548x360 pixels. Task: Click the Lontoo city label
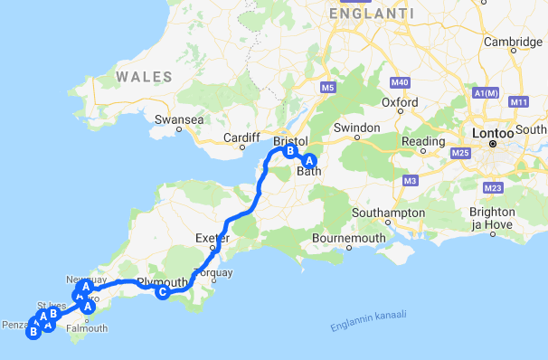point(492,133)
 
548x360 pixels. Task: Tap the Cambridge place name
point(513,42)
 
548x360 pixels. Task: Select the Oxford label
point(399,103)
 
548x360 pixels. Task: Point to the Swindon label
point(355,128)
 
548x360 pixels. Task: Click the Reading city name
point(423,142)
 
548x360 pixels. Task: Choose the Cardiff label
point(241,138)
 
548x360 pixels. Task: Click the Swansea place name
point(175,119)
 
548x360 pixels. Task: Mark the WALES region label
point(144,77)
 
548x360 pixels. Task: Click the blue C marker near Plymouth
point(162,292)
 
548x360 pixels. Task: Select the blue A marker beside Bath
point(310,160)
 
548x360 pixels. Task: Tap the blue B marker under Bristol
point(290,152)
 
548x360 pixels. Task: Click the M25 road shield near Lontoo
point(459,154)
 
